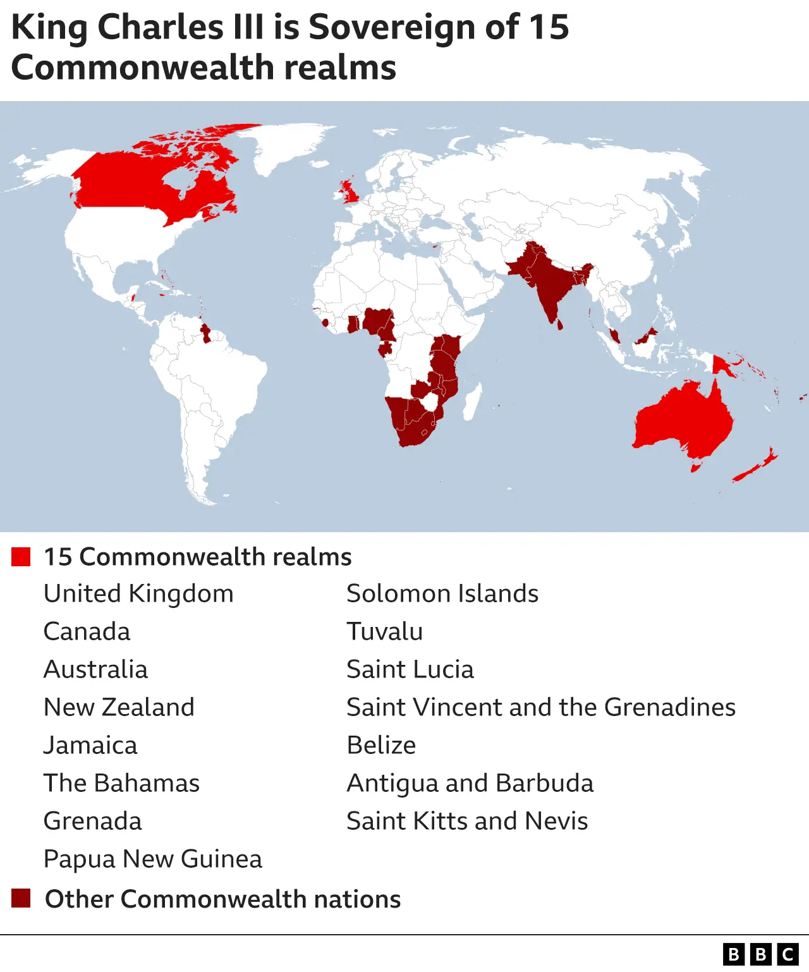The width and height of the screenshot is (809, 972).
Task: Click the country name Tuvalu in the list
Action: point(384,631)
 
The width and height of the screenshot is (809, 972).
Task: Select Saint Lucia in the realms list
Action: point(410,669)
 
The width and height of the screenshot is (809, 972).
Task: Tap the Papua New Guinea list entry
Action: point(152,859)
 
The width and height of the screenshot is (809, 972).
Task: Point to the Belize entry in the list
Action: point(381,745)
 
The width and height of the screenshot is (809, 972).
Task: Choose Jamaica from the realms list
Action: point(90,745)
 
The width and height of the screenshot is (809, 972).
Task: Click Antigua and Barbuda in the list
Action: point(470,783)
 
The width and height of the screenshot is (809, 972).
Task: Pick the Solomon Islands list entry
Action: point(442,593)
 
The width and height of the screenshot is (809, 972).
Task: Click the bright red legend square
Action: point(21,557)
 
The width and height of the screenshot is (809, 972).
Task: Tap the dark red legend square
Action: point(21,898)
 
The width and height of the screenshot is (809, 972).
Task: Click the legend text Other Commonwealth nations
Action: point(222,899)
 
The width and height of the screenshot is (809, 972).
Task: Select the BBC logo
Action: point(760,954)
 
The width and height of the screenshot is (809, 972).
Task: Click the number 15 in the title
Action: point(549,27)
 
